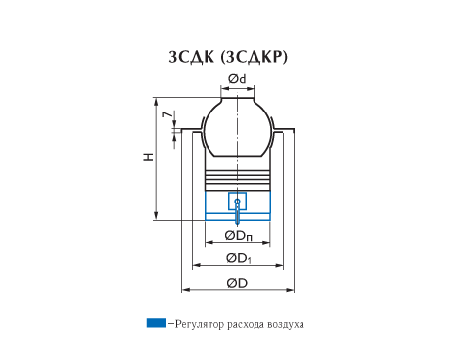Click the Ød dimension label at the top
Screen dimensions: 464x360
237,79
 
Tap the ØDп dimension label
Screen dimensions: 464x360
239,236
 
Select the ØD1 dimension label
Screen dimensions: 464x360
239,259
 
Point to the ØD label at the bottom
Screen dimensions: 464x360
237,283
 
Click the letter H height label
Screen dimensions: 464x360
149,157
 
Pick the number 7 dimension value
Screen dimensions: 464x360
167,114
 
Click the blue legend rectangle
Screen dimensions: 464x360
157,323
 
